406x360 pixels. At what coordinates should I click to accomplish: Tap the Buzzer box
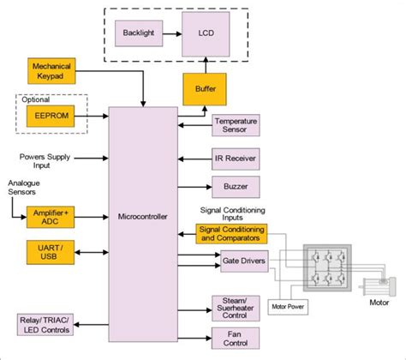[236, 187]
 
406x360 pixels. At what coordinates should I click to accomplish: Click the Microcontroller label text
[141, 216]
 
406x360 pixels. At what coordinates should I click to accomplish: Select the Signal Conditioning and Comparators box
[231, 233]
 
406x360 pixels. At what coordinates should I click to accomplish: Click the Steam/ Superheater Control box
[236, 306]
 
